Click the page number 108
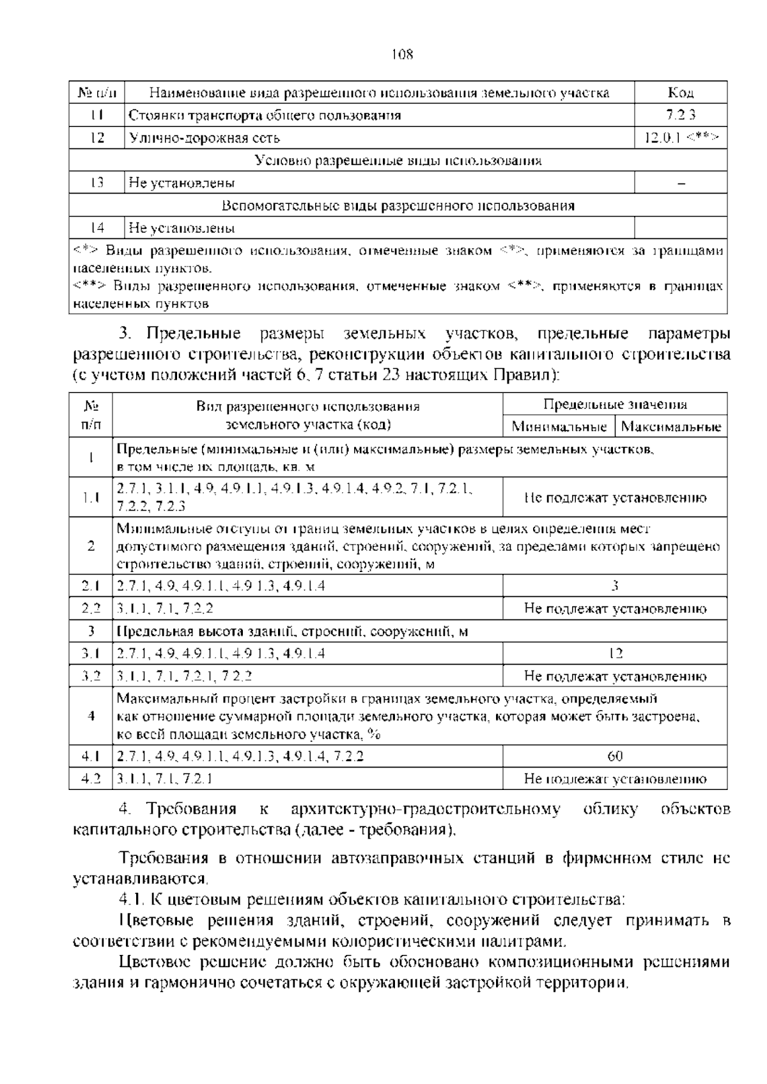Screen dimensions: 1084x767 coord(402,54)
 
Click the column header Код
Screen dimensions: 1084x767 coord(681,93)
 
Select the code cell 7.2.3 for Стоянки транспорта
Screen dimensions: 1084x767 coord(681,115)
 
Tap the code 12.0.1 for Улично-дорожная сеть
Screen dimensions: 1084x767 coord(681,137)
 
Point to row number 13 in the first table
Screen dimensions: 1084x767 coord(97,183)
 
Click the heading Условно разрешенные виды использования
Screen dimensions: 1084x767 coord(398,160)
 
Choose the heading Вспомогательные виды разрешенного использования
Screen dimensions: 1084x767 coord(398,206)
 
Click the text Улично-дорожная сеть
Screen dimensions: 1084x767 coord(205,137)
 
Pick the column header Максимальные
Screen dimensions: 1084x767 coord(671,426)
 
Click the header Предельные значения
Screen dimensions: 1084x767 coord(615,404)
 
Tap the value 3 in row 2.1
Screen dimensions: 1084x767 coord(615,585)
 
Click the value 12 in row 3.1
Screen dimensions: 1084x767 coord(615,653)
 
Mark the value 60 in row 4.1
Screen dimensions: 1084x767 coord(615,756)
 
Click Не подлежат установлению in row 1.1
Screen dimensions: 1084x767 coord(615,497)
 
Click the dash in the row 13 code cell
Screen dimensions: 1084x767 coord(681,183)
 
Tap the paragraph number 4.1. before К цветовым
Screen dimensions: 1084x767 coord(132,900)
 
